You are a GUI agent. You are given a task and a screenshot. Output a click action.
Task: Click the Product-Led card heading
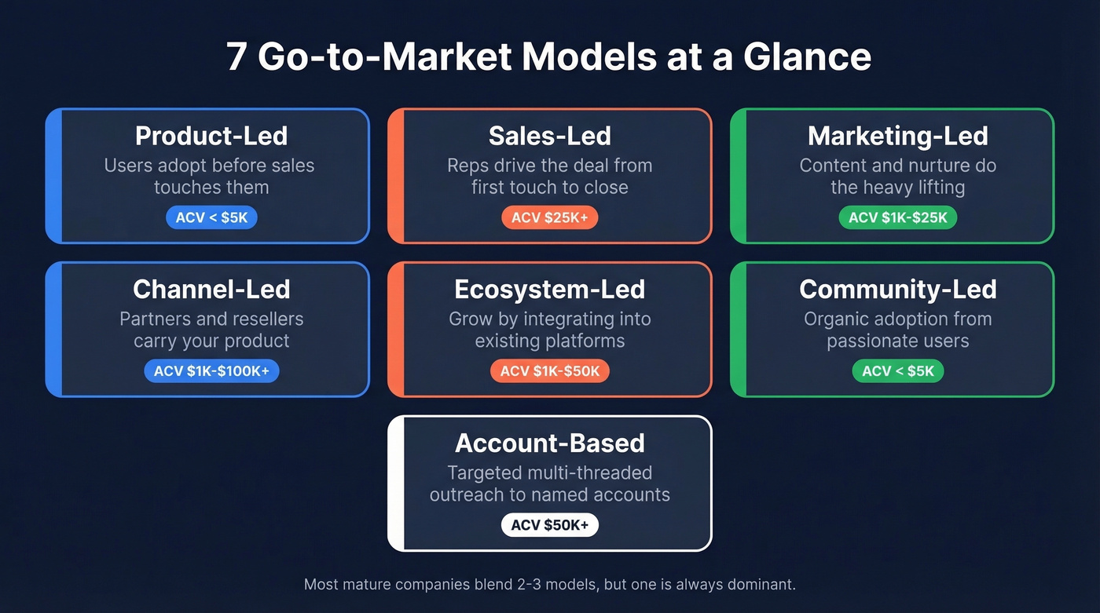click(211, 136)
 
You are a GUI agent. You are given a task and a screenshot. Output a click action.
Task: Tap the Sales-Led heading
click(549, 136)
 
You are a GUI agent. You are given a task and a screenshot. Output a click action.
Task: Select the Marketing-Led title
click(897, 136)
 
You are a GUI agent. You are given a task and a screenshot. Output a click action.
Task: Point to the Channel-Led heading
click(211, 290)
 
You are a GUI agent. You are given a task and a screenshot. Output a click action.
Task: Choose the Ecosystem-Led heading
click(549, 290)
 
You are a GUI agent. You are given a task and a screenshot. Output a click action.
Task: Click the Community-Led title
click(897, 290)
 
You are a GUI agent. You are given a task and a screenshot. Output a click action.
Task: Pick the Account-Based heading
click(549, 443)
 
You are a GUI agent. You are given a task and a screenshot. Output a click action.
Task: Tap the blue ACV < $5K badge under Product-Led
click(211, 217)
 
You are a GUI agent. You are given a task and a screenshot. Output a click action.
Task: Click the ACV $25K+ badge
click(549, 217)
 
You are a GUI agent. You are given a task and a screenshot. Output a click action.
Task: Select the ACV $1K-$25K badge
click(897, 217)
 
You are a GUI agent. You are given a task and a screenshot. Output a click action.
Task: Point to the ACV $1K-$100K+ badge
click(211, 371)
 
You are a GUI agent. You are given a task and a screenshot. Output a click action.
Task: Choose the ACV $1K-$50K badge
click(549, 371)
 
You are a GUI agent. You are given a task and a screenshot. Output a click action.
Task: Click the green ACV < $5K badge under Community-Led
click(897, 371)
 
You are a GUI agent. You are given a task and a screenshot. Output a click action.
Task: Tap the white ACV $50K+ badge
click(549, 525)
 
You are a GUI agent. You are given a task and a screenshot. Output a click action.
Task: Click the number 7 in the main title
click(236, 57)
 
